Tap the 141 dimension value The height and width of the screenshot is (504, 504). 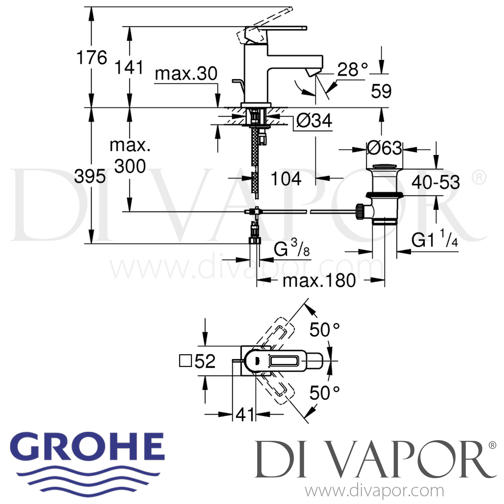point(129,67)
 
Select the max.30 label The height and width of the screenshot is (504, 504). point(186,74)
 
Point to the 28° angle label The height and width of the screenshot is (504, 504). point(352,70)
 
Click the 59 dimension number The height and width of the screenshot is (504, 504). point(381,91)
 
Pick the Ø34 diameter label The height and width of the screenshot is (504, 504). point(314,120)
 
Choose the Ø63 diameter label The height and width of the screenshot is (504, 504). point(384,148)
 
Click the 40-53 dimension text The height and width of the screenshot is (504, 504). point(435,182)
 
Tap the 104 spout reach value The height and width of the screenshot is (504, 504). point(286,178)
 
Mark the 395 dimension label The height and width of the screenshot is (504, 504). point(90,176)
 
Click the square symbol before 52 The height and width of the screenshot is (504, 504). point(185,362)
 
